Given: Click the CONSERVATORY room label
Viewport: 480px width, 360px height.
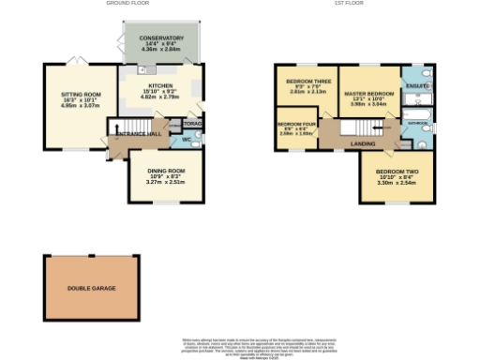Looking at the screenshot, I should click(x=162, y=38).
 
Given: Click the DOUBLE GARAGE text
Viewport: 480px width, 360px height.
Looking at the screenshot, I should click(x=91, y=288).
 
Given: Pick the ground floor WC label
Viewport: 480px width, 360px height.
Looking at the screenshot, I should click(x=186, y=140).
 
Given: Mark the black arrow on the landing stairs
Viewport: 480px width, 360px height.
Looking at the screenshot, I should click(x=382, y=127).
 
